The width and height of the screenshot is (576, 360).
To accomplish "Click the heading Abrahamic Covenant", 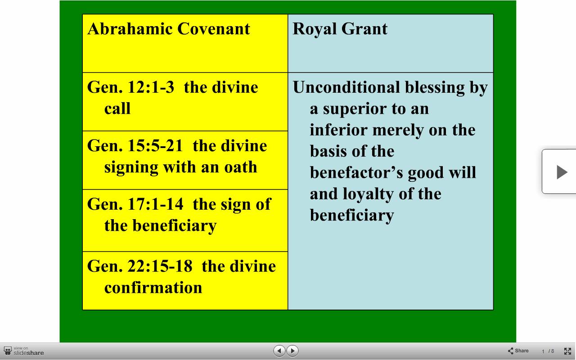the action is pyautogui.click(x=169, y=28).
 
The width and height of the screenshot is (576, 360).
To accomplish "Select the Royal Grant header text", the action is pyautogui.click(x=340, y=29).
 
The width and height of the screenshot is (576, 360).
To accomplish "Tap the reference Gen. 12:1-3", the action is pyautogui.click(x=130, y=87).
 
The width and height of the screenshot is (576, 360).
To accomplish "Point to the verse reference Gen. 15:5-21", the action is pyautogui.click(x=135, y=145).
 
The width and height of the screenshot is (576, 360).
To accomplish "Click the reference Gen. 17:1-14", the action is pyautogui.click(x=135, y=204).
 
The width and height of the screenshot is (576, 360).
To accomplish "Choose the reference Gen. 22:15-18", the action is pyautogui.click(x=139, y=266).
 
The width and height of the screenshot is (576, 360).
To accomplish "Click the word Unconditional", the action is pyautogui.click(x=346, y=87).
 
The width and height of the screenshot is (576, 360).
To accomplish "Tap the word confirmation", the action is pyautogui.click(x=153, y=288).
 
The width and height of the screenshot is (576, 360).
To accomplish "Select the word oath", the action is pyautogui.click(x=240, y=167).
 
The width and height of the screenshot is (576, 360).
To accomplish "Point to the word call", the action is pyautogui.click(x=117, y=108).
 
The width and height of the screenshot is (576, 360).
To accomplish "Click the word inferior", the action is pyautogui.click(x=338, y=130).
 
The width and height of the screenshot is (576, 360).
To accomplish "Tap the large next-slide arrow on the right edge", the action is pyautogui.click(x=562, y=172).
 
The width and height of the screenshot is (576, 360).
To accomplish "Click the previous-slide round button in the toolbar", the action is pyautogui.click(x=279, y=351).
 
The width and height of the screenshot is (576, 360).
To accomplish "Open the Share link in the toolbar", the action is pyautogui.click(x=518, y=351).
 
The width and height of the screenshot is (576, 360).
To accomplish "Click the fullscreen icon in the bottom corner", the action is pyautogui.click(x=567, y=351).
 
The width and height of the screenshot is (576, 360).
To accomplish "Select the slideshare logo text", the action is pyautogui.click(x=28, y=352).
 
